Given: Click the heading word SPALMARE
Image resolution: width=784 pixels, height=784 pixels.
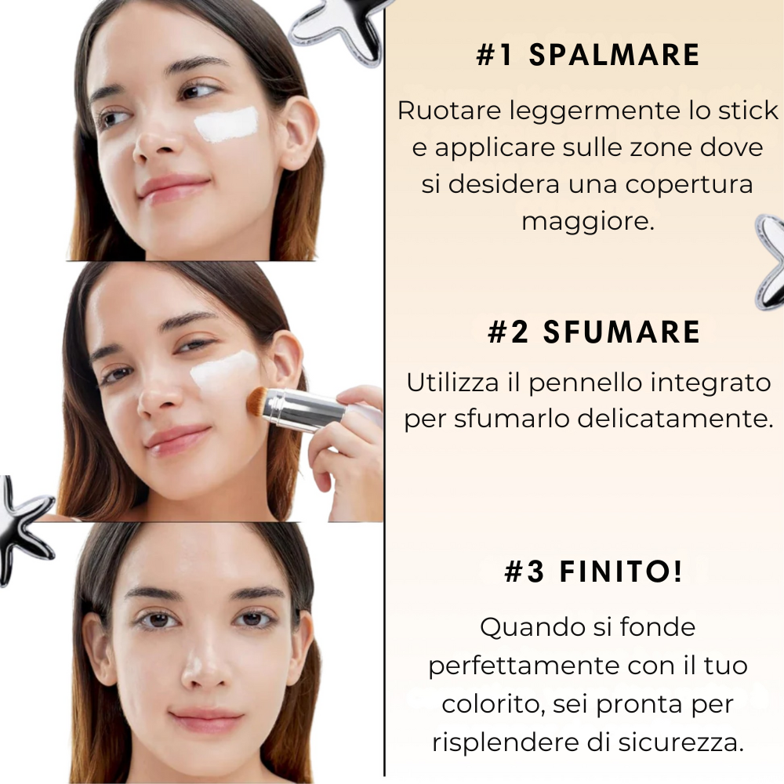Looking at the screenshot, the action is coord(614,55).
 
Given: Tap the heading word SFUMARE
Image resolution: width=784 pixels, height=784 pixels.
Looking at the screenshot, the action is coord(622,332).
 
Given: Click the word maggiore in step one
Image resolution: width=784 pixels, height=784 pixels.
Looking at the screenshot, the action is coord(588,221).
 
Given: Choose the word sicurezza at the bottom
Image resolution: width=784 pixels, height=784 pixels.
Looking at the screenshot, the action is coord(680,742).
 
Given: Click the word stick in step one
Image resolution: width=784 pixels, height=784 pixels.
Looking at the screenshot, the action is coord(749,111).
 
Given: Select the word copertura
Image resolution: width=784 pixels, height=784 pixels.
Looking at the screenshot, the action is coord(689,185).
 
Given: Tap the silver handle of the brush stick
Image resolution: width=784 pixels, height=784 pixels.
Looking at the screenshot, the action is coord(306,409).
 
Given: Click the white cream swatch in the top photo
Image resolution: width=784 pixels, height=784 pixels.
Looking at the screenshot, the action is coord(226,124).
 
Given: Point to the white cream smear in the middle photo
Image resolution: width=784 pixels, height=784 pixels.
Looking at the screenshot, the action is coord(223,373).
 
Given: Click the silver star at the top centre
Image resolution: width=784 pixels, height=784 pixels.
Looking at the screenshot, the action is coord(337,29).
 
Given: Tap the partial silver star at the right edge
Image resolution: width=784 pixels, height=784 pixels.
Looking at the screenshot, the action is coord(770,263).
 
